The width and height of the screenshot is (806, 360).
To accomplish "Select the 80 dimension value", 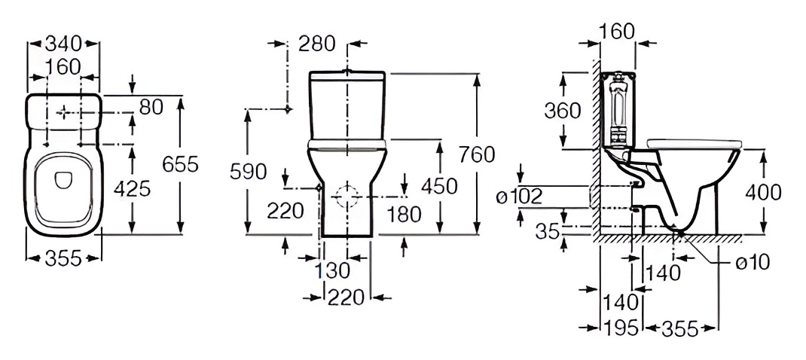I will pos(151,108).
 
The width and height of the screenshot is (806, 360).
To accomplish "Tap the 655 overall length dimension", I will pos(180,164).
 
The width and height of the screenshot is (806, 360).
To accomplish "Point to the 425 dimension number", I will pos(133,188).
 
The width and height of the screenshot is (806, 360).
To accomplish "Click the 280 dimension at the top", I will pos(316,44).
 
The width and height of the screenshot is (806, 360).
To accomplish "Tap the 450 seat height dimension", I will pos(441,186).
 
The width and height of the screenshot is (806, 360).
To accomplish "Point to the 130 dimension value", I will pos(331,270).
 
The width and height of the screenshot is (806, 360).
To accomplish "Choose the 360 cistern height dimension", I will pos(563,110).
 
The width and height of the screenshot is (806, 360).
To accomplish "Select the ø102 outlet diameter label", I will pos(520,197).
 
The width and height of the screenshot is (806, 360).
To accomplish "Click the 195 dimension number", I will pos(618,328).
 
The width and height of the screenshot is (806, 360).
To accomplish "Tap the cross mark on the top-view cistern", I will pos(65,111).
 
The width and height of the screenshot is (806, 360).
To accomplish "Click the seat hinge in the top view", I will pos(63,179).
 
